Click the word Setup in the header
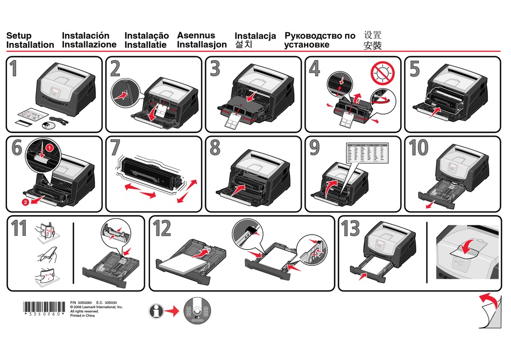click(18, 36)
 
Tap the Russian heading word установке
click(307, 45)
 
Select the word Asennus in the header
click(196, 36)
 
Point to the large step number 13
click(350, 229)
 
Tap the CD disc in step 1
click(48, 126)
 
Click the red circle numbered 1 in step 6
click(49, 147)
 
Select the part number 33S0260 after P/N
click(85, 303)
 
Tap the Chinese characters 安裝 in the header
click(373, 46)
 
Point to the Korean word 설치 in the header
click(243, 45)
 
